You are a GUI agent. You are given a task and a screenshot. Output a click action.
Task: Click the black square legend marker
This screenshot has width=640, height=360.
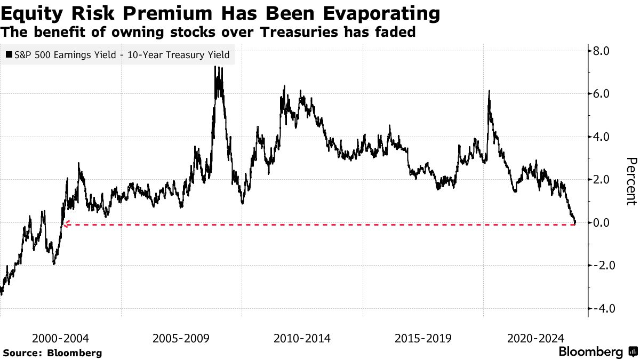(x=9, y=54)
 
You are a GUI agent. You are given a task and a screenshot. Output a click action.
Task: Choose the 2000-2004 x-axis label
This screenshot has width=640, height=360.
(x=60, y=338)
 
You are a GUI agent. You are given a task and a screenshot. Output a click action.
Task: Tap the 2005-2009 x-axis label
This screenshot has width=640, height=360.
(x=181, y=338)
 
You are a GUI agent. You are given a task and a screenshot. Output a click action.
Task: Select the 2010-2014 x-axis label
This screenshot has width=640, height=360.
(x=302, y=338)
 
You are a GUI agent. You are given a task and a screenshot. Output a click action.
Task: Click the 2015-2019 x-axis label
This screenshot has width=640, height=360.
(x=423, y=338)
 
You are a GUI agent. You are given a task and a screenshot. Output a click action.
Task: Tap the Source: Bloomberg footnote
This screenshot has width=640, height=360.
(x=52, y=353)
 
